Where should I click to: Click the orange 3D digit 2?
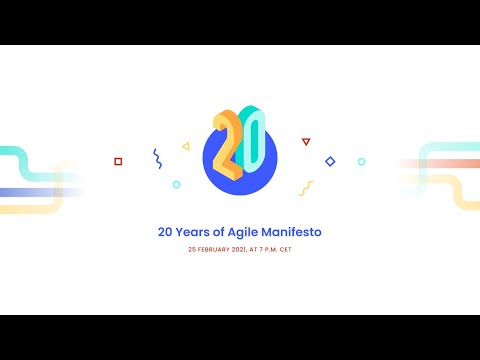pos(226,139)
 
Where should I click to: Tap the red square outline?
pos(118,161)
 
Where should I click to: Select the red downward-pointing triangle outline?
pos(306,142)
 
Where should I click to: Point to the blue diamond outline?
pos(330,161)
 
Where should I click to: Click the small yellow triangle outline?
pos(186,146)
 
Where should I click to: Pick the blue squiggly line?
pos(157,158)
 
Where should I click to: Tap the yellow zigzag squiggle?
pos(306,187)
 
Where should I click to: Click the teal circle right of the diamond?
pos(361,161)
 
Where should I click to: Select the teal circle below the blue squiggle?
pos(176,184)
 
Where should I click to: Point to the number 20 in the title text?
pos(165,232)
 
